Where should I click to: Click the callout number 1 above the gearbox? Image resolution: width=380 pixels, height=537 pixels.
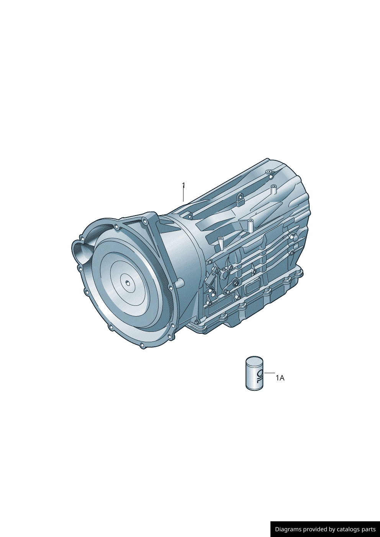coord(183,185)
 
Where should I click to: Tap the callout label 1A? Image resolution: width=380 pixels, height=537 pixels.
coord(280,378)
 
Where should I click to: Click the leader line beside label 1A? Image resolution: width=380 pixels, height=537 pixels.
coord(270,373)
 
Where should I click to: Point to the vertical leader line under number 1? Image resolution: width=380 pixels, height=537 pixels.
coord(183,195)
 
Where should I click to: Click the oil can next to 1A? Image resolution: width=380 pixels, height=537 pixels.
coord(254,373)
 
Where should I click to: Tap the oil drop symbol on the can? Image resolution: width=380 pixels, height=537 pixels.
coord(260,375)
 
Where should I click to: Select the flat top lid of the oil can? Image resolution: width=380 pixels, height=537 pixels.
coord(254,360)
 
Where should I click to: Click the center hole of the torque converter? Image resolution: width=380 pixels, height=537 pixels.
coord(128,284)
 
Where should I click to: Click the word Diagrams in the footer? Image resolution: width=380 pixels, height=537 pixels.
coord(285,529)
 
